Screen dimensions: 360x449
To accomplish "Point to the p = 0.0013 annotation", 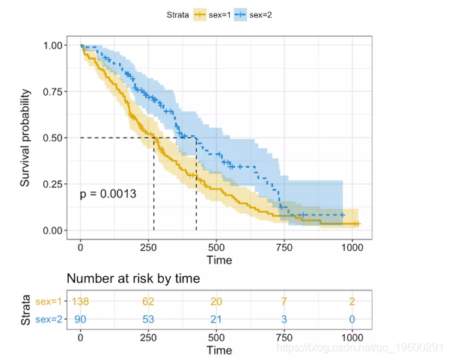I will pos(108,194).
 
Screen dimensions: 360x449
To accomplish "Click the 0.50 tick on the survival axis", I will pos(54,138).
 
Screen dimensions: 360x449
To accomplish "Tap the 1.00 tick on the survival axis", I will pos(54,46).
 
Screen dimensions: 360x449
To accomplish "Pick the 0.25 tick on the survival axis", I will pos(54,184).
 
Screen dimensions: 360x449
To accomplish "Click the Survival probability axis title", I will pos(26,138).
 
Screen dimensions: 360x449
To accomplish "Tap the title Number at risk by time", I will pos(134,278).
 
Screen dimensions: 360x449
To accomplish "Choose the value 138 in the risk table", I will pos(81,301).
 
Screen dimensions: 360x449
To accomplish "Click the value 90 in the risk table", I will pos(81,320).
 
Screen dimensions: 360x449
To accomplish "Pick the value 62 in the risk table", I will pos(149,301).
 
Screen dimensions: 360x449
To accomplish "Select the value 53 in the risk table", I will pos(149,320).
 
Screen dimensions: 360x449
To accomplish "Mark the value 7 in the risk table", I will pos(284,301).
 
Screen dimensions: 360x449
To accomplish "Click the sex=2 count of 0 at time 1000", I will pos(352,320).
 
